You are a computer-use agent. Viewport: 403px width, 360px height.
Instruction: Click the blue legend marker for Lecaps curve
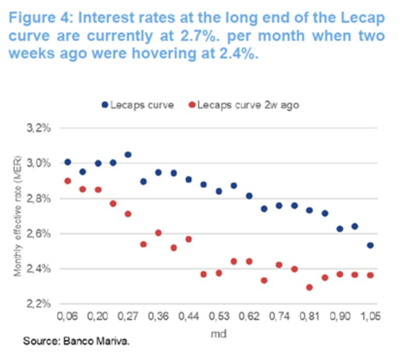104,105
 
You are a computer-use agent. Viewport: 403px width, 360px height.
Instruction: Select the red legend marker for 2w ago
192,105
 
